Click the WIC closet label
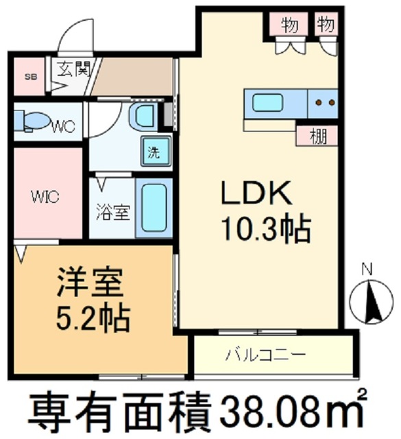pyautogui.click(x=44, y=196)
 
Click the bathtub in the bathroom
pyautogui.click(x=154, y=208)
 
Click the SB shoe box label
pyautogui.click(x=32, y=77)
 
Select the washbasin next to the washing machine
pyautogui.click(x=145, y=116)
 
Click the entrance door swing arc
pyautogui.click(x=77, y=34)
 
